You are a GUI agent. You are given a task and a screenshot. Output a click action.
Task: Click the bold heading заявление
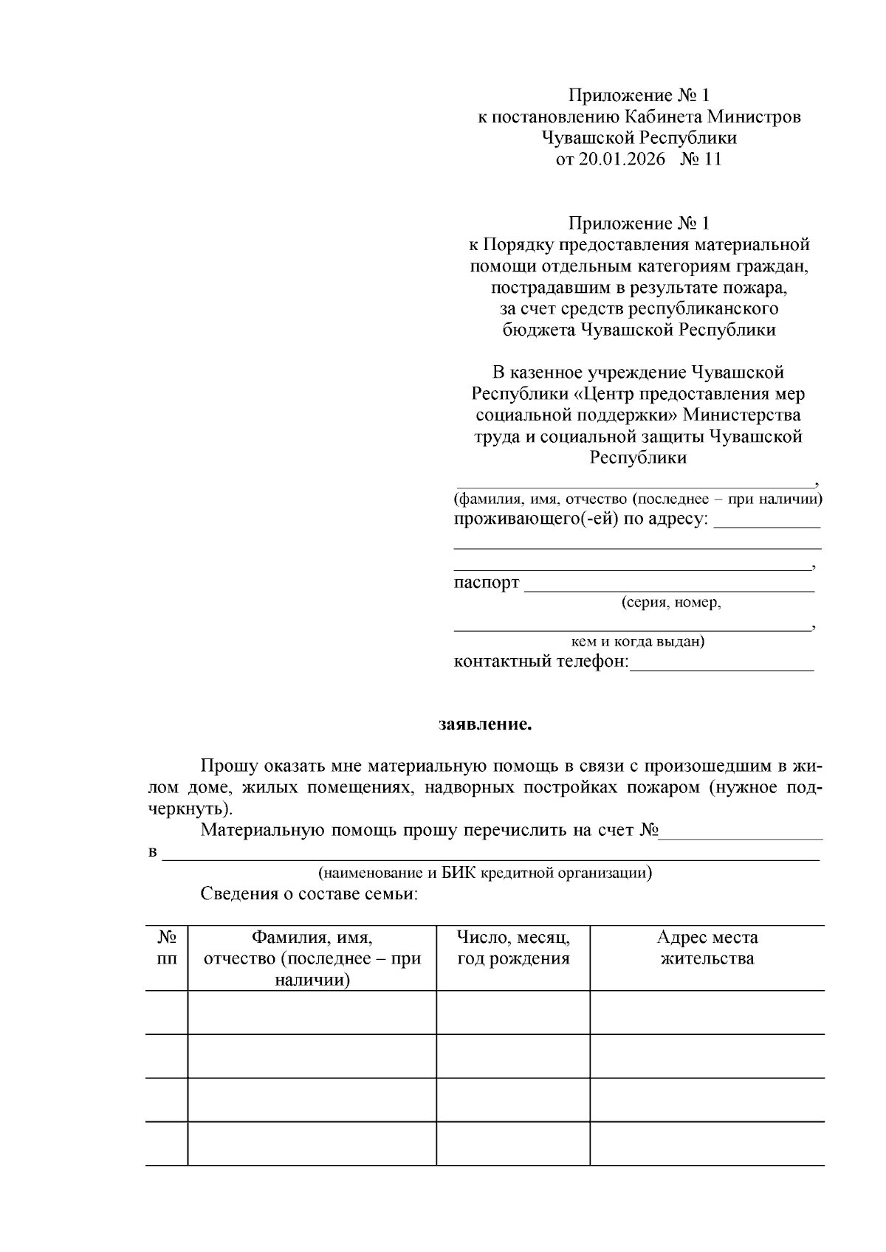click(485, 724)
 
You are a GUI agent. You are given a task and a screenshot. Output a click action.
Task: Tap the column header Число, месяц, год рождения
click(513, 948)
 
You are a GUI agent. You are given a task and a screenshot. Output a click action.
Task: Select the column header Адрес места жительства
click(707, 948)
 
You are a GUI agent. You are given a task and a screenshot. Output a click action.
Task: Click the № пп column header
click(167, 948)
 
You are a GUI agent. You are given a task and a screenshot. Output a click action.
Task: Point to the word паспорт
click(486, 583)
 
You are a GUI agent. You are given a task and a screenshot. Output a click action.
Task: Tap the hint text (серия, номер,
click(670, 603)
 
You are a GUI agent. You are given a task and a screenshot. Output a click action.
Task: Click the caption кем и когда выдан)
click(638, 641)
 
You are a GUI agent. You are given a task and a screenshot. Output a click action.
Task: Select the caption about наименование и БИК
click(485, 873)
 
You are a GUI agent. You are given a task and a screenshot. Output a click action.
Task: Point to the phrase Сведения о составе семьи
click(309, 895)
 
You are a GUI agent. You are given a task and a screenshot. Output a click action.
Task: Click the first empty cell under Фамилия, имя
click(312, 1012)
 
